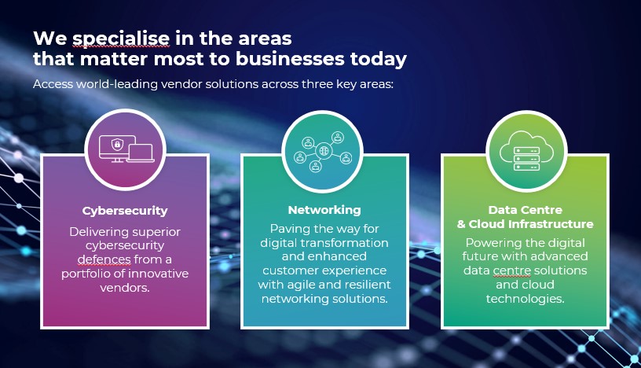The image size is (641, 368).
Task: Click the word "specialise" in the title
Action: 121,39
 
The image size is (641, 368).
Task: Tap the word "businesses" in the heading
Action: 290,58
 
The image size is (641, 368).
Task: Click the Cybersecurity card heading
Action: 125,211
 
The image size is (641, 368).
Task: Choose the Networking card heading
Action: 324,210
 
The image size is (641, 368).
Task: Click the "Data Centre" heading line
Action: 526,210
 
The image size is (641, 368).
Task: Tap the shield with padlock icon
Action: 117,144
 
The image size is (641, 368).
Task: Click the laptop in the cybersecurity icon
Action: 140,153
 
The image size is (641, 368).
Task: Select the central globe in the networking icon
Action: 324,151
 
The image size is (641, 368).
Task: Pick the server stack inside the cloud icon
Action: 526,158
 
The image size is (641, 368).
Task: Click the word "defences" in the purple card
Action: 104,259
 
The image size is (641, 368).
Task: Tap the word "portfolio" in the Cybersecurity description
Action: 86,274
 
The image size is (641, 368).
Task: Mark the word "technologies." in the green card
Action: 525,299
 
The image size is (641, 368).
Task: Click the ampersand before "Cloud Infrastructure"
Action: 462,224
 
